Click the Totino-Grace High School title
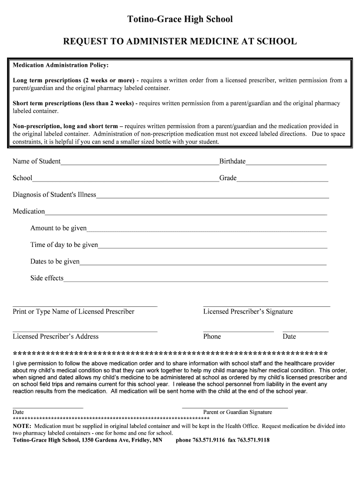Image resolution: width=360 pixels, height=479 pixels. pyautogui.click(x=180, y=19)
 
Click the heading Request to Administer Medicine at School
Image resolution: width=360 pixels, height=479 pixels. pyautogui.click(x=180, y=42)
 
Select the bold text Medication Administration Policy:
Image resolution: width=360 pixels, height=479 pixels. pyautogui.click(x=60, y=65)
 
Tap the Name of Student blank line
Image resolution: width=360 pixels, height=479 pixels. pyautogui.click(x=140, y=164)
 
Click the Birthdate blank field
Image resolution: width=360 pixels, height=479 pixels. pyautogui.click(x=286, y=164)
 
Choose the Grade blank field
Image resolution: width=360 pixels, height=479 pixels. pyautogui.click(x=282, y=181)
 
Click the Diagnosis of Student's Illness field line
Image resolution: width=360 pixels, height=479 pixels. pyautogui.click(x=212, y=197)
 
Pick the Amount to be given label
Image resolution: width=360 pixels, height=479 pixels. pyautogui.click(x=58, y=228)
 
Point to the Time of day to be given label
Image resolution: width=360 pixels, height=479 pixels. pyautogui.click(x=64, y=245)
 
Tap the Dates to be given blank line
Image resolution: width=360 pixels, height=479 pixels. pyautogui.click(x=203, y=264)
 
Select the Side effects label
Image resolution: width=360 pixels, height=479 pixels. pyautogui.click(x=47, y=278)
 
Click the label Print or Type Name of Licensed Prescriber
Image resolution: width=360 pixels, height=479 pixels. pyautogui.click(x=73, y=312)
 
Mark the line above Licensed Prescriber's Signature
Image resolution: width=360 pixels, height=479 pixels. pyautogui.click(x=266, y=306)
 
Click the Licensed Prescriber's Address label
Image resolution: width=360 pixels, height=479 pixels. pyautogui.click(x=56, y=336)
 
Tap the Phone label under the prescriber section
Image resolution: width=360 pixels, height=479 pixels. pyautogui.click(x=212, y=336)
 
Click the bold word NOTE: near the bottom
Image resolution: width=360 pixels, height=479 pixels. pyautogui.click(x=22, y=426)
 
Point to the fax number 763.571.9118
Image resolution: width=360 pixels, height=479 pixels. pyautogui.click(x=253, y=440)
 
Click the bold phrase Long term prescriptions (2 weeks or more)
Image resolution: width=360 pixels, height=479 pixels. pyautogui.click(x=73, y=80)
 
